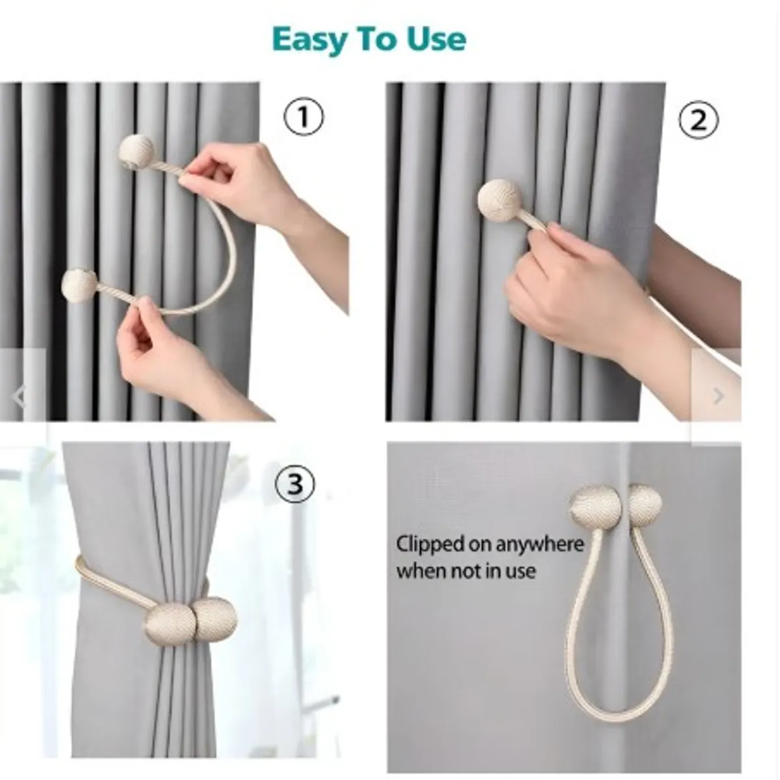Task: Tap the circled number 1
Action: point(303,117)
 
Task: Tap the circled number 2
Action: point(698,120)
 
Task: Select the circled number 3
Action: point(294,484)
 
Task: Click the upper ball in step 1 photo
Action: point(136,153)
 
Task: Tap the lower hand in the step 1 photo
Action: point(174,356)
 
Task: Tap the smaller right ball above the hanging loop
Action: point(644,506)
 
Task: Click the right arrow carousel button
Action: point(718,396)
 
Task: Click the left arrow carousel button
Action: point(19,396)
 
